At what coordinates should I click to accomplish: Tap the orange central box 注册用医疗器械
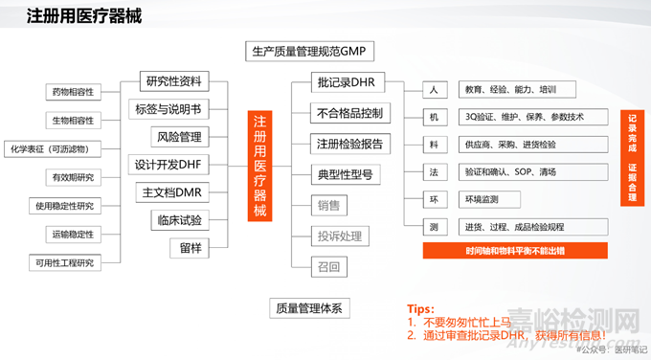(x=260, y=164)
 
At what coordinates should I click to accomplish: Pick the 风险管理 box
(x=177, y=137)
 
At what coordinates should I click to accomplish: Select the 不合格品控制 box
(x=349, y=114)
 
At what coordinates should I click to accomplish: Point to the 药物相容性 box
(x=72, y=93)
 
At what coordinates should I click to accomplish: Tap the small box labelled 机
(x=434, y=118)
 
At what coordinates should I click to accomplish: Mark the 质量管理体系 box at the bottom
(x=308, y=307)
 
